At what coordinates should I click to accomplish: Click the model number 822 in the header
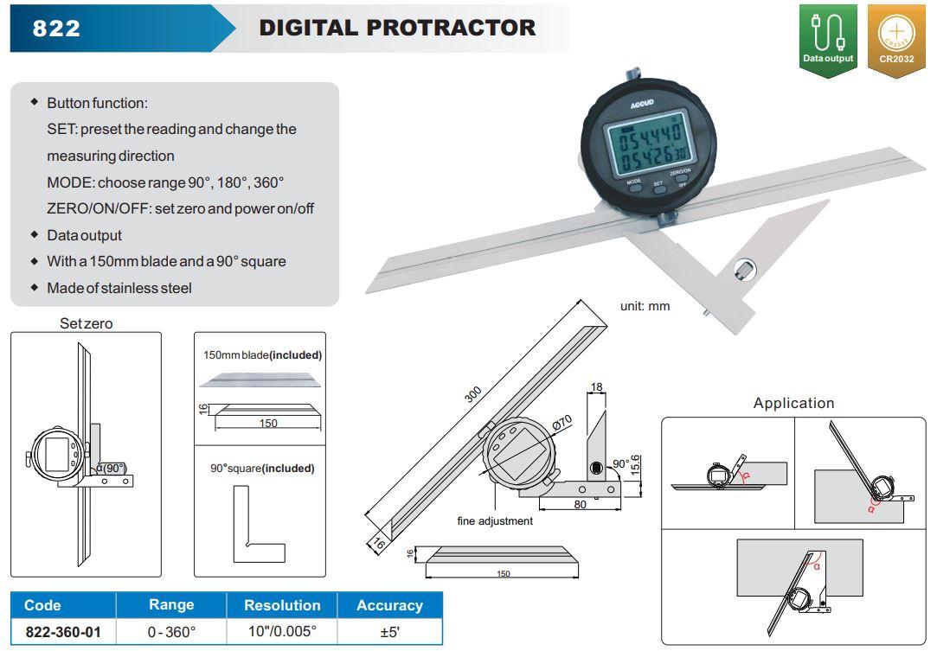(56, 28)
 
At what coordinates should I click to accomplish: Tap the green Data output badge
(828, 41)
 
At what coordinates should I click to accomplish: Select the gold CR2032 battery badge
(896, 41)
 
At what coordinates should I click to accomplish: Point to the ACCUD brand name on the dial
(642, 105)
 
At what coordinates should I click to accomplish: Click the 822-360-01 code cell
(63, 632)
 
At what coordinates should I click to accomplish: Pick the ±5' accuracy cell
(389, 632)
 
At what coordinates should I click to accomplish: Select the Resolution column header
(282, 605)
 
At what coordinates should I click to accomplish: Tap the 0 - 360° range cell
(171, 632)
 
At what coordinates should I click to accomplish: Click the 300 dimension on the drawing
(472, 394)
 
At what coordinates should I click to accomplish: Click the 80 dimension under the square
(580, 505)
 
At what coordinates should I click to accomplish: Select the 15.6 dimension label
(635, 465)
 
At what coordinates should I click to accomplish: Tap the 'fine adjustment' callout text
(495, 520)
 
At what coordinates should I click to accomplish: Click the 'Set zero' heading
(86, 323)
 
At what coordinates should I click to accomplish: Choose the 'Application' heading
(793, 403)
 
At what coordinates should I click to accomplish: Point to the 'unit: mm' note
(645, 306)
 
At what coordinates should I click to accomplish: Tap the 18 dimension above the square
(596, 387)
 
